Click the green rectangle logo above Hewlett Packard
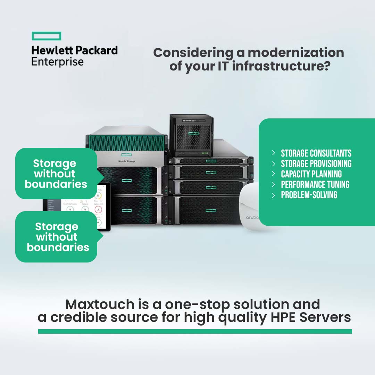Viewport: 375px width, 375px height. (47, 36)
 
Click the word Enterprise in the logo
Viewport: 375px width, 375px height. (57, 62)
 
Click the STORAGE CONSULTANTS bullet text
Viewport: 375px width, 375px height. (316, 153)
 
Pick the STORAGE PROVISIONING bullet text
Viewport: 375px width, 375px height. (316, 164)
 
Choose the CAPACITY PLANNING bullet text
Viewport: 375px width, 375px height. (311, 174)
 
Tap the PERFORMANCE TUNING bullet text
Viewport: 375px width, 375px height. (315, 185)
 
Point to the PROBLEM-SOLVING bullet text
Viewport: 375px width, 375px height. (309, 195)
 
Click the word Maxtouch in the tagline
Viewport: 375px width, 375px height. (99, 305)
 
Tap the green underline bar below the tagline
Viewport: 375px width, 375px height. (195, 332)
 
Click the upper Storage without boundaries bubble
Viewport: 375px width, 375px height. (56, 174)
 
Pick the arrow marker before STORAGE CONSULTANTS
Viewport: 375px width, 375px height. (274, 153)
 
